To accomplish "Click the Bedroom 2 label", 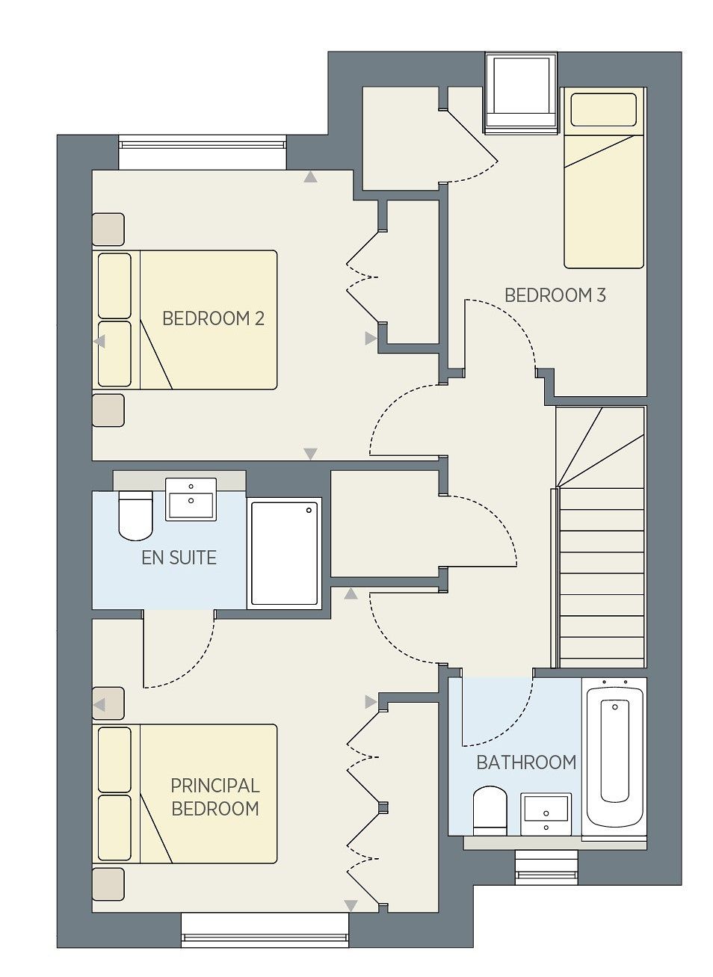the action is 213,318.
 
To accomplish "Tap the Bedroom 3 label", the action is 555,295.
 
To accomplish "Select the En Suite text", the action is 179,558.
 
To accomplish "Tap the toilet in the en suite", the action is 135,515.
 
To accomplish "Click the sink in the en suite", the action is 191,499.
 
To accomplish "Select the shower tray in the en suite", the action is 284,553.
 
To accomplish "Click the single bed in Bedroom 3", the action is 604,177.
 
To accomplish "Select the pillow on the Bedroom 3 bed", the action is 604,109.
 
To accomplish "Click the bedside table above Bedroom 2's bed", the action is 108,229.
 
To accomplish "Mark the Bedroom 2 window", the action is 203,152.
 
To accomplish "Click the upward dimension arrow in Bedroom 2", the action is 310,176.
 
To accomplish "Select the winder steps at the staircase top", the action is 600,447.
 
